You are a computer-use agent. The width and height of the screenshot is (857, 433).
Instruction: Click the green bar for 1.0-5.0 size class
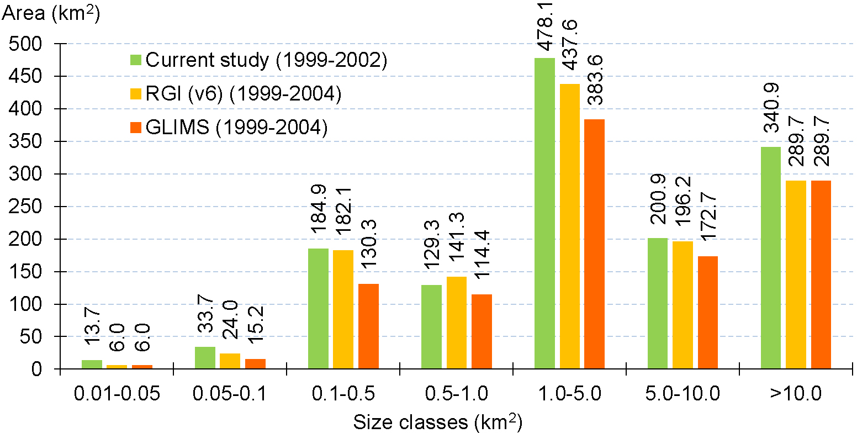point(544,213)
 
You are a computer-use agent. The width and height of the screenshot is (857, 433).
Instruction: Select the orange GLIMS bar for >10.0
point(821,274)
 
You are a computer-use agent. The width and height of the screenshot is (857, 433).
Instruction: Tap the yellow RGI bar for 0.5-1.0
point(456,323)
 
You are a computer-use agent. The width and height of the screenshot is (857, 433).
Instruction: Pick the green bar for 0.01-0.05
point(92,365)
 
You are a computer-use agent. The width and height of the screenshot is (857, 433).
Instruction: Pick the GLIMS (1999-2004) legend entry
point(236,128)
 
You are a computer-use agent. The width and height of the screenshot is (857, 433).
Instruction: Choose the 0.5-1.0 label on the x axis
point(456,394)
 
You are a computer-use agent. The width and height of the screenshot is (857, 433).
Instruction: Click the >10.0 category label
point(795,394)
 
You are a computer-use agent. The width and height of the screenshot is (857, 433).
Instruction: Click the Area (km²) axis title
point(51,14)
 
